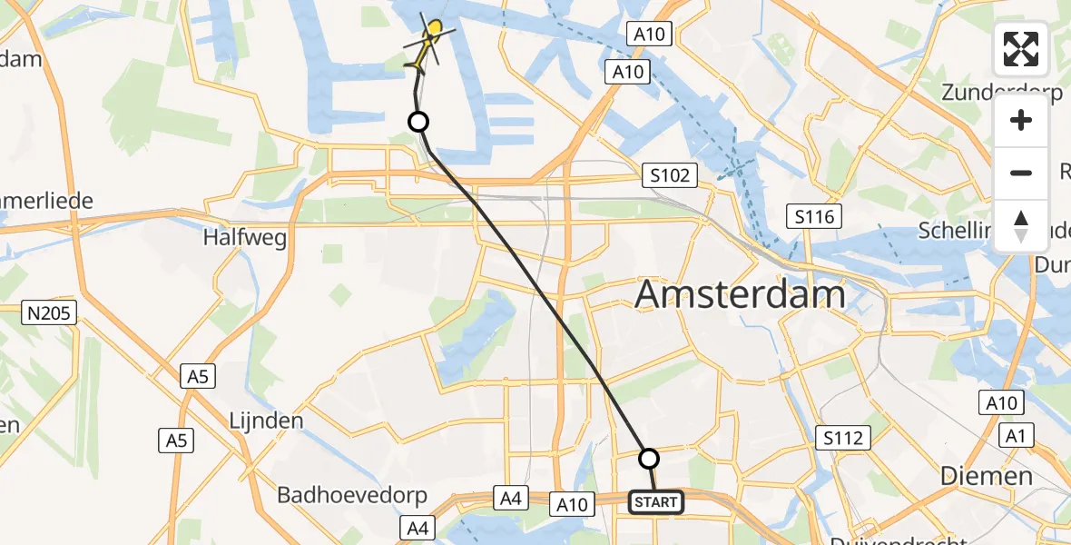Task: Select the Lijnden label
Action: [265, 421]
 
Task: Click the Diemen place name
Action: [987, 476]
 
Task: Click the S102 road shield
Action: [670, 175]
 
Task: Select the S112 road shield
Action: [843, 439]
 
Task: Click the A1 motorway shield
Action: [1015, 437]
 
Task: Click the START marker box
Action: [656, 501]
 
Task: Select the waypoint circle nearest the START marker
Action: [649, 458]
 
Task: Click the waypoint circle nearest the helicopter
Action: [418, 122]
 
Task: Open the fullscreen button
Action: [1021, 49]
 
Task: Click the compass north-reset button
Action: [1021, 225]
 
